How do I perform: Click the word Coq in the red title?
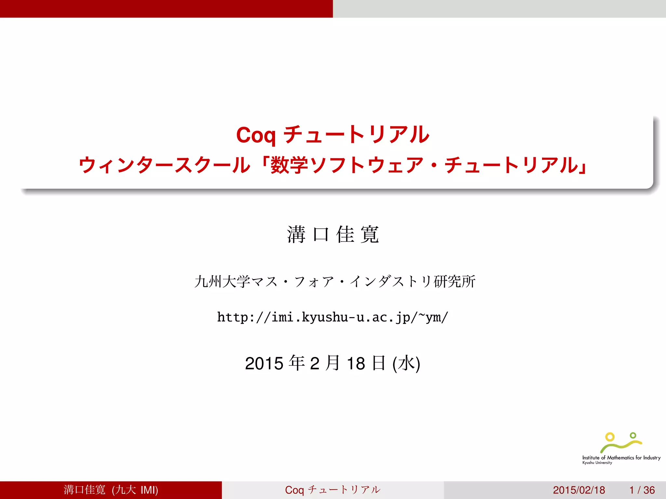(x=256, y=135)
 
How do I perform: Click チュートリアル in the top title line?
(x=356, y=135)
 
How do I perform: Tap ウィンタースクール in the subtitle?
(x=164, y=165)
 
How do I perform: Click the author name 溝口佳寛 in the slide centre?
(x=333, y=234)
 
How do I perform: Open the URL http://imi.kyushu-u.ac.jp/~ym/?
(x=333, y=317)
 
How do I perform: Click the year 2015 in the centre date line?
(x=264, y=364)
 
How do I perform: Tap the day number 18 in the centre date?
(x=356, y=364)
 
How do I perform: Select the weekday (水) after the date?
(x=406, y=364)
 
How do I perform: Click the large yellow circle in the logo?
(x=610, y=437)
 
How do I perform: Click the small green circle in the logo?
(x=633, y=435)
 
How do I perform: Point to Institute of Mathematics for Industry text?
(x=621, y=458)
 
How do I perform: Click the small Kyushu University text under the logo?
(x=597, y=463)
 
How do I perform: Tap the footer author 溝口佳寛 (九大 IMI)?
(x=111, y=490)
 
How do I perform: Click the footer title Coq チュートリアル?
(x=333, y=490)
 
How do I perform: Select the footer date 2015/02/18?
(x=579, y=490)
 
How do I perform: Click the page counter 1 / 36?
(x=642, y=490)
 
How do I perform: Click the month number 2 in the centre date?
(x=314, y=364)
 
